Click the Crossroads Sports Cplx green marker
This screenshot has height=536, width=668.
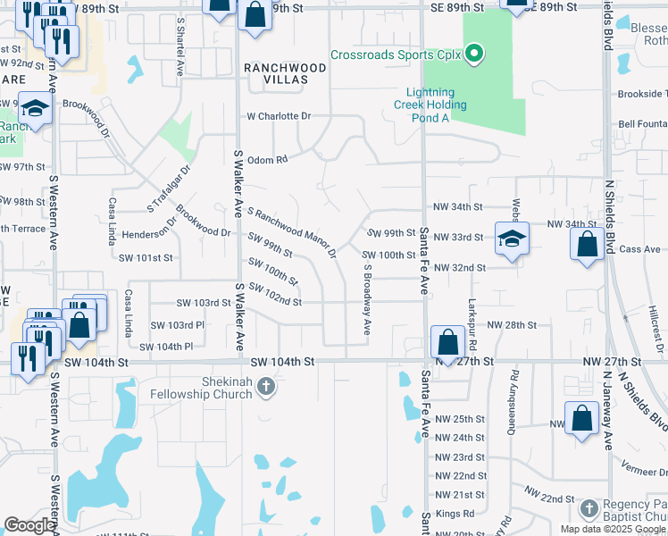[475, 54]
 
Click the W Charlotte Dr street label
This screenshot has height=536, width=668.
[279, 116]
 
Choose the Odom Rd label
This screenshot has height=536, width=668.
[267, 160]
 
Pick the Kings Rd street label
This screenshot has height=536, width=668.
[455, 514]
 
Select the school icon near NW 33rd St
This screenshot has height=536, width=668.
[514, 238]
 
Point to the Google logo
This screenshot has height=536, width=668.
[30, 526]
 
